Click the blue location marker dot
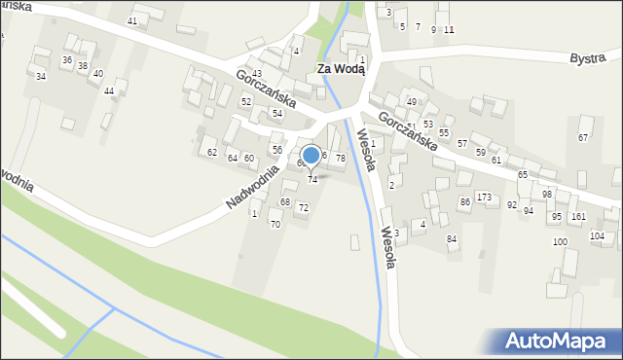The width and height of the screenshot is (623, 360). click(311, 154)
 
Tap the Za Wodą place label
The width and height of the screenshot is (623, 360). click(341, 68)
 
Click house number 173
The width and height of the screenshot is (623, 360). click(484, 198)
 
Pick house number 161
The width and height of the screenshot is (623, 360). click(578, 216)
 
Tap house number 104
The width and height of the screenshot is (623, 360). click(597, 235)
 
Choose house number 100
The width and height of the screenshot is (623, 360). click(560, 241)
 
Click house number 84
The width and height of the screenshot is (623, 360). click(452, 238)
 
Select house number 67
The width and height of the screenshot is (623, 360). click(583, 137)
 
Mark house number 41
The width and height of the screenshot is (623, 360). click(132, 20)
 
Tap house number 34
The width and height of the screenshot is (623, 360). click(40, 76)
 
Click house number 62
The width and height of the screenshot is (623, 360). click(211, 152)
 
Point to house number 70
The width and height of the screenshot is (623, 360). click(275, 225)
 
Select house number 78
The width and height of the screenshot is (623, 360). click(341, 158)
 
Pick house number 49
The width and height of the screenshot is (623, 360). click(412, 102)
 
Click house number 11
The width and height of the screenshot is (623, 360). click(449, 29)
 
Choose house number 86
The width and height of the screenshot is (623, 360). click(465, 201)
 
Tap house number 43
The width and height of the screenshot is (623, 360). click(257, 74)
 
